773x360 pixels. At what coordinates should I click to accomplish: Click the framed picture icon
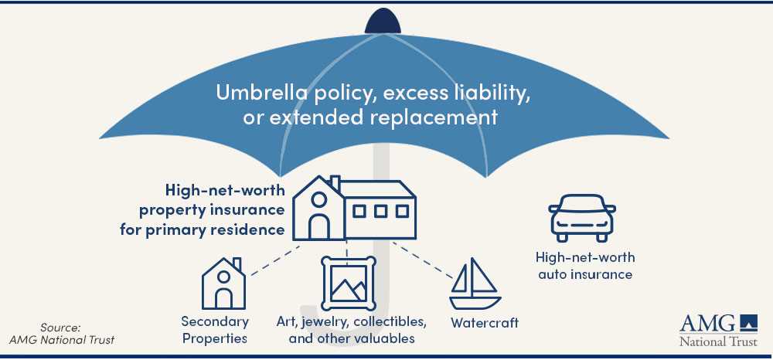coord(349,284)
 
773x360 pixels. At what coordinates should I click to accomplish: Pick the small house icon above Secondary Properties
coord(223,284)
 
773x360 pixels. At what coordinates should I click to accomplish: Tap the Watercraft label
coord(485,323)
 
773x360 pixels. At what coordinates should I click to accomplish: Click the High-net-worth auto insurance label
coord(585,266)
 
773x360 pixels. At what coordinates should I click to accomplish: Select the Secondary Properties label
coord(215,330)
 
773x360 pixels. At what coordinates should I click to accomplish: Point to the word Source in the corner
coord(60,328)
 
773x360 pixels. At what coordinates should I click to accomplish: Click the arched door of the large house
coord(319,227)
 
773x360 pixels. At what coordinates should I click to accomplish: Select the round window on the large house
coord(319,200)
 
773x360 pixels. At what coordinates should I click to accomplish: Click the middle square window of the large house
coord(380,211)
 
